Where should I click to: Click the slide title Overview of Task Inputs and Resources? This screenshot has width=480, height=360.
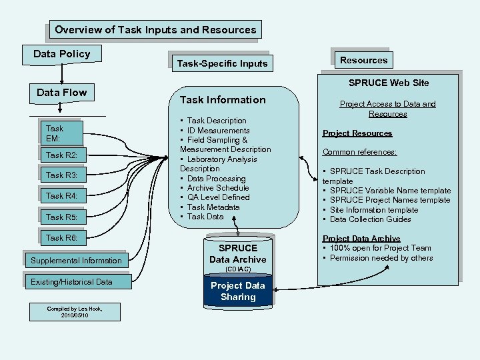pos(155,30)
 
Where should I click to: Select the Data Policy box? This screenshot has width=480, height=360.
pos(61,54)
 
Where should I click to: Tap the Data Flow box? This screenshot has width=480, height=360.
pos(61,93)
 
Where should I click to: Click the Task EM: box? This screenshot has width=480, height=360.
pos(61,133)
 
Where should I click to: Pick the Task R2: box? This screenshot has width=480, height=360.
pos(61,155)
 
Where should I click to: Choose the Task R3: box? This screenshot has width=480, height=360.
pos(61,175)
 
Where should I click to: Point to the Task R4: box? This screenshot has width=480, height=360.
pos(61,196)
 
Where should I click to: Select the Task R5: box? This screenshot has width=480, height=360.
pos(61,217)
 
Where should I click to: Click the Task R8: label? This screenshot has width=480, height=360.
pos(61,237)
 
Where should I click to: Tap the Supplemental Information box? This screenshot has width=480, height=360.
pos(76,261)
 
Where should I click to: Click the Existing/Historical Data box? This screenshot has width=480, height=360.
pos(72,282)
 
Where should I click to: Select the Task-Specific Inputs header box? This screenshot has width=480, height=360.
pos(221,64)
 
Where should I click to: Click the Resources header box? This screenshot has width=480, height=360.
pos(363,60)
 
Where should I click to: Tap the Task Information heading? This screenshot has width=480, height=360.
pos(223,100)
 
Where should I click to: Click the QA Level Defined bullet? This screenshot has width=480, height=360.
pos(218,197)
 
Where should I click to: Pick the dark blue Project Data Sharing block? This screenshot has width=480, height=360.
pos(237,291)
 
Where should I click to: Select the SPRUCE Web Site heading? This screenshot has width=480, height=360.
pos(389,83)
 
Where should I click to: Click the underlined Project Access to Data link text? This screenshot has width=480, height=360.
pos(387,109)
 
